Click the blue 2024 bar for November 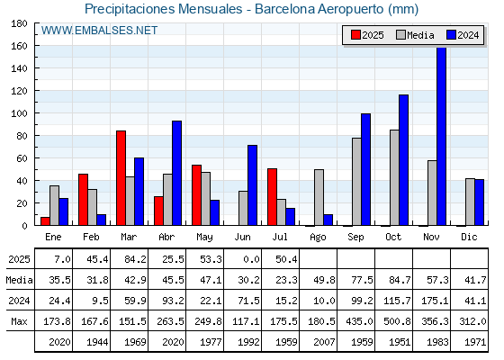(x=441, y=136)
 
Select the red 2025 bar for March (x=121, y=178)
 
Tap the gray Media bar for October (x=394, y=178)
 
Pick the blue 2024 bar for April (x=176, y=173)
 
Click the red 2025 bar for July (x=272, y=197)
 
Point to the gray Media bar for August (x=319, y=197)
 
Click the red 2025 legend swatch (x=355, y=35)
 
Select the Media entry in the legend (x=415, y=35)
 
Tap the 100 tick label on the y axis (x=19, y=113)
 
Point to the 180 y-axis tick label (x=19, y=23)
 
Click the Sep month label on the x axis (x=355, y=238)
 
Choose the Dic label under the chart (x=469, y=237)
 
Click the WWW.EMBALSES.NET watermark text (x=99, y=31)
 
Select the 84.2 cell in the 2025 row (x=135, y=259)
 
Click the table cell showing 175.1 (x=435, y=301)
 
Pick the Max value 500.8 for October (x=397, y=321)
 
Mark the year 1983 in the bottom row (x=437, y=342)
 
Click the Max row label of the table (x=19, y=321)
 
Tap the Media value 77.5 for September (x=362, y=280)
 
